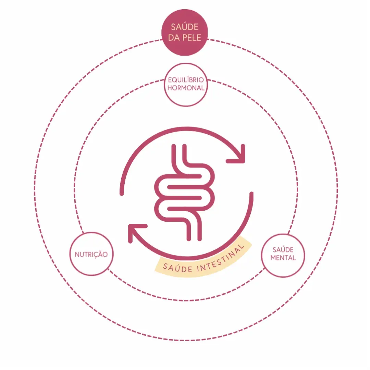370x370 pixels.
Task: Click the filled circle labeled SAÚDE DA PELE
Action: (x=185, y=33)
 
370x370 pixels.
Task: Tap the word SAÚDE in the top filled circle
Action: (x=185, y=27)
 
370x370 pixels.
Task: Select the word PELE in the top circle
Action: (x=192, y=38)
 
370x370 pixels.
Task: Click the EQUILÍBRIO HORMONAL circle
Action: (x=186, y=85)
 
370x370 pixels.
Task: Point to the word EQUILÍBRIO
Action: (x=186, y=80)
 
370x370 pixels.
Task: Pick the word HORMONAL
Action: (x=186, y=88)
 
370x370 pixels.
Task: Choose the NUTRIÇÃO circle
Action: (x=91, y=254)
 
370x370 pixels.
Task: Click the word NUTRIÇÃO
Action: (x=91, y=254)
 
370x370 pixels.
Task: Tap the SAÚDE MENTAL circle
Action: (x=283, y=255)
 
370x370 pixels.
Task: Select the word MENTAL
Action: (x=283, y=258)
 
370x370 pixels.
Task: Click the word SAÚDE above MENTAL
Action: (x=283, y=249)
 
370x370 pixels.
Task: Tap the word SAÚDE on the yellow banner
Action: (x=178, y=268)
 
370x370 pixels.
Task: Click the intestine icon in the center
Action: (x=184, y=193)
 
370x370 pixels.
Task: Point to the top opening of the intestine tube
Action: (x=179, y=146)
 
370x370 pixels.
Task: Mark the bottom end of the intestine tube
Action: (x=194, y=239)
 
